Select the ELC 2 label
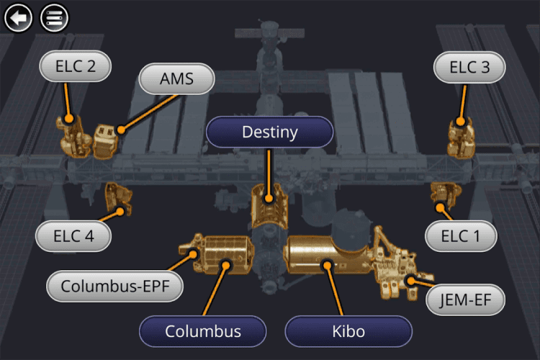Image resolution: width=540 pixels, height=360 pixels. [x=76, y=67]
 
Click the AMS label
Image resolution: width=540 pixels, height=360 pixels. [x=177, y=79]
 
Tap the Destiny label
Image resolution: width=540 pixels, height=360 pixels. [x=269, y=132]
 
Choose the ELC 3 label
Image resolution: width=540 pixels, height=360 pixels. [x=469, y=68]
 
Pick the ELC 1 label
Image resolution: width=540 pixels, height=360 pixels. [x=459, y=235]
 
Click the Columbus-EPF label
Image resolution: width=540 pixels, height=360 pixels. [x=114, y=286]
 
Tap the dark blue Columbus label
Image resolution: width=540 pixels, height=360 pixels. [x=203, y=332]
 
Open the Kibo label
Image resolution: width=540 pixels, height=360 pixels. [x=348, y=332]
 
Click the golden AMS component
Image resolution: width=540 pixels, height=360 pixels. [x=105, y=140]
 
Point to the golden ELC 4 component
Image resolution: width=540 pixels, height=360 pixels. [x=117, y=197]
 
